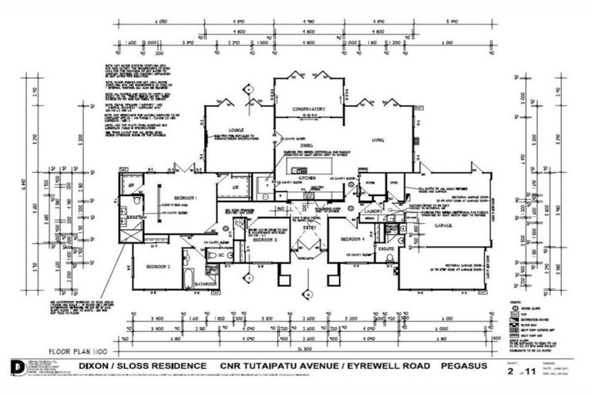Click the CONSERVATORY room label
point(308,110)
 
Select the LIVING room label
point(378,140)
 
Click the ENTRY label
point(308,228)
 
